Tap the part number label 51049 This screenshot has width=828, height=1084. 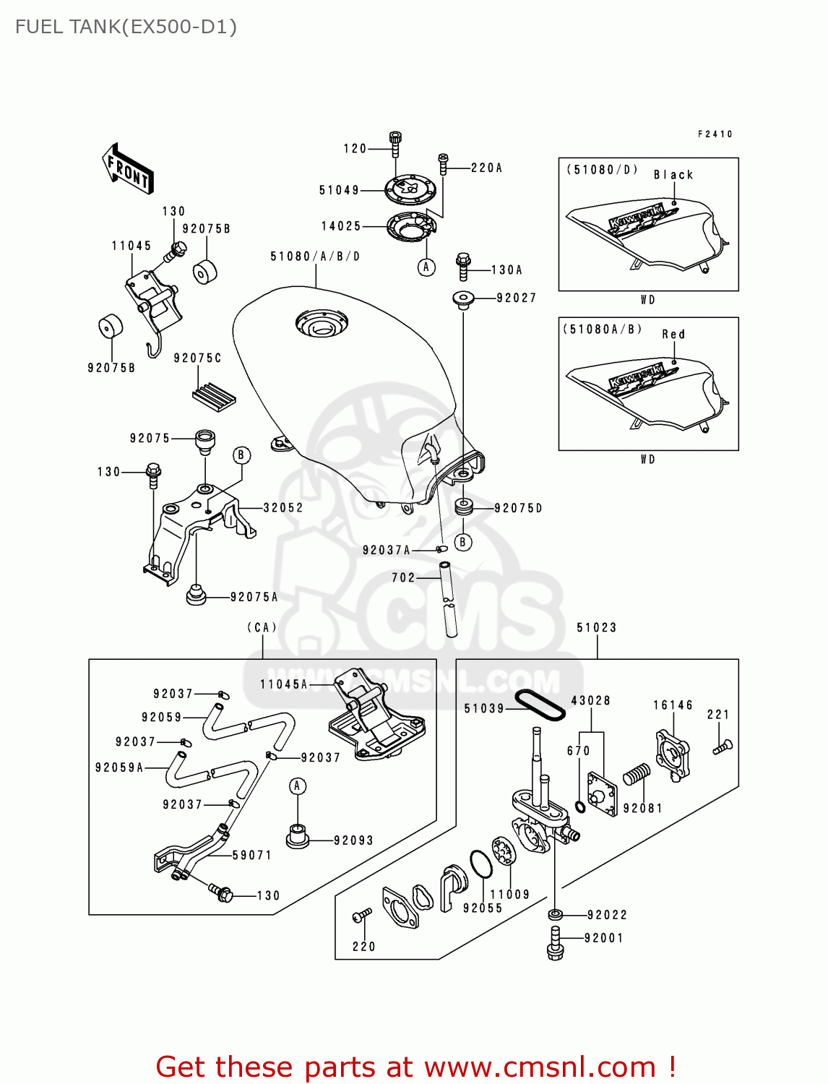click(339, 190)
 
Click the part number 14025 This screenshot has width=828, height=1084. click(341, 226)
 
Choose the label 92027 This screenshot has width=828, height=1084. click(516, 298)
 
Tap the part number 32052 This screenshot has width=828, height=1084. click(283, 508)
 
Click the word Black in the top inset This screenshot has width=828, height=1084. click(673, 175)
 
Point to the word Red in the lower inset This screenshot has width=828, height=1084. click(673, 335)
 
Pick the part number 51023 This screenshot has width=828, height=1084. click(597, 627)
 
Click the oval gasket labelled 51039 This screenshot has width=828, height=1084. click(540, 705)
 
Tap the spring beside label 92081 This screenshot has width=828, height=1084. click(636, 774)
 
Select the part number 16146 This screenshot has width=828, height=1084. click(673, 705)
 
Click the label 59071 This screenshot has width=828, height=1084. click(252, 855)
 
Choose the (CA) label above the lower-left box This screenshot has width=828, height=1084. click(262, 627)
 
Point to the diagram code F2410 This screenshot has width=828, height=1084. click(715, 134)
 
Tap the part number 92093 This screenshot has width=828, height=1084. click(353, 840)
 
